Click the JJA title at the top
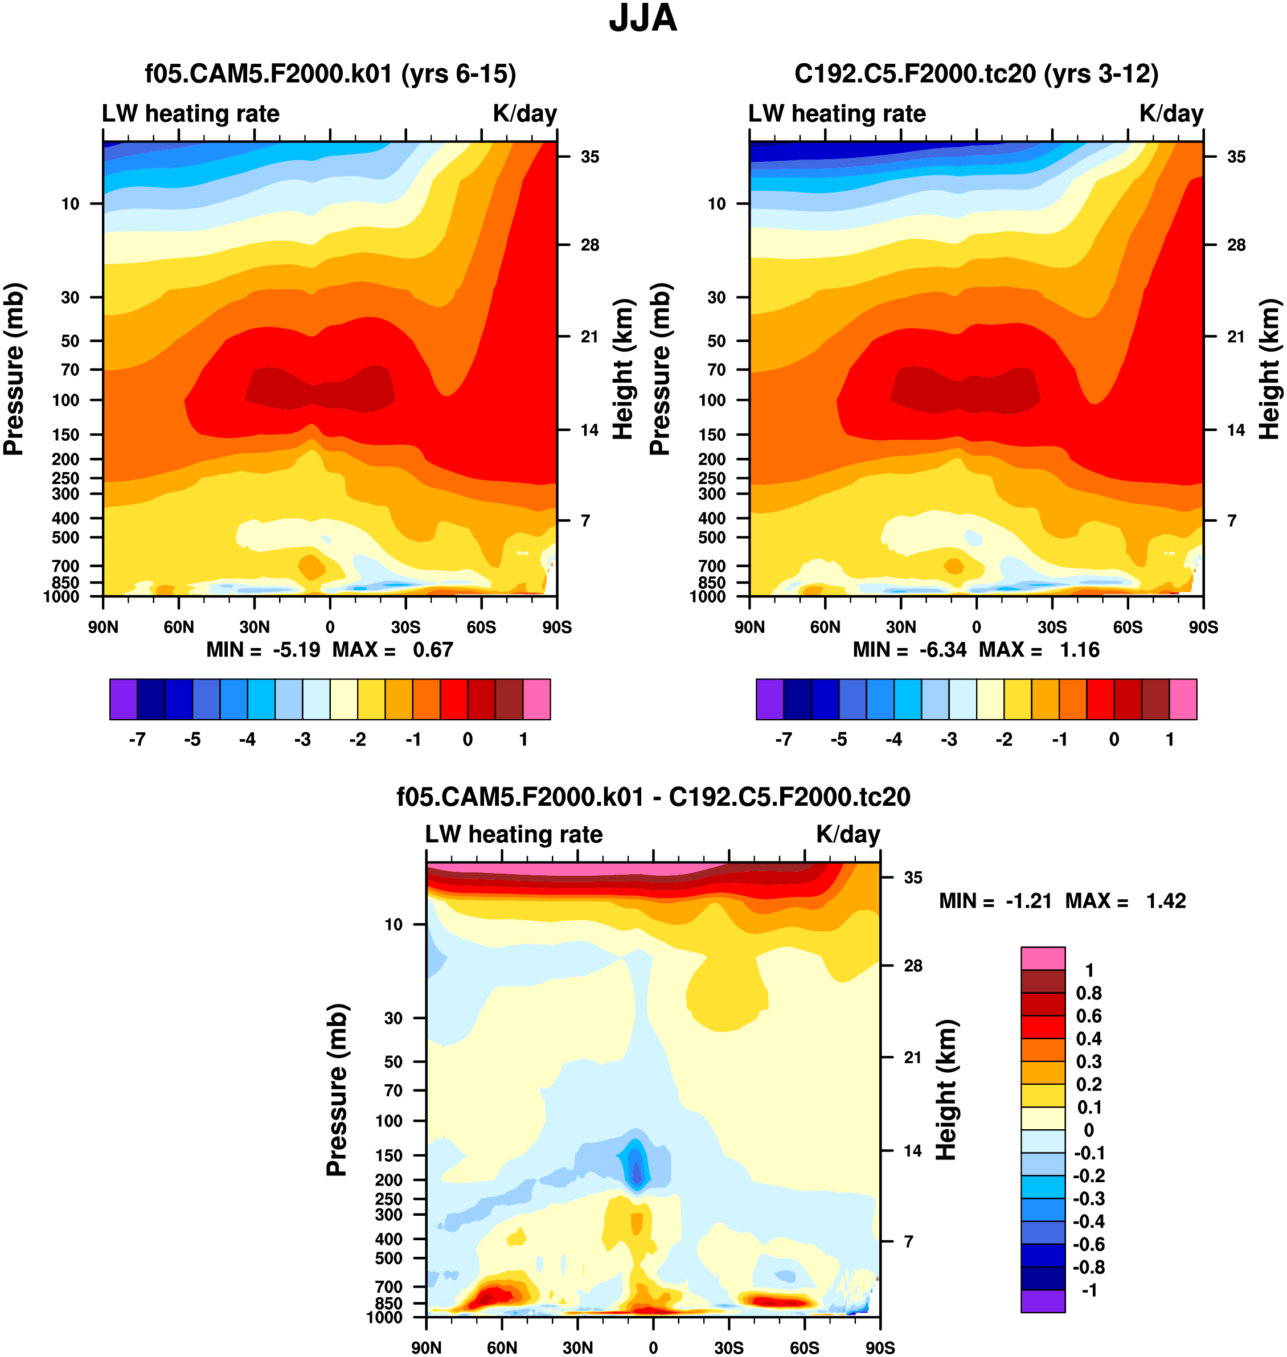[643, 19]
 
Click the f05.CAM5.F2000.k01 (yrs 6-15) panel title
[330, 73]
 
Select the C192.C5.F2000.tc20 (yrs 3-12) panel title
[976, 73]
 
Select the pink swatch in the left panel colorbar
[536, 699]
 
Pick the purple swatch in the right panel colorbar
[770, 699]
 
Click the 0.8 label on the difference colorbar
[1089, 993]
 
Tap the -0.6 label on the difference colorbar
[1089, 1244]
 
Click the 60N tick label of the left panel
[179, 627]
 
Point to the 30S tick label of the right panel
[1052, 627]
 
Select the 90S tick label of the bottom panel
[879, 1347]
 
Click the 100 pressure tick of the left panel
[66, 400]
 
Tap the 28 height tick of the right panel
[1236, 245]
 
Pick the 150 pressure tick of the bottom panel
[389, 1155]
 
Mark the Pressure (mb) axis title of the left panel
[14, 369]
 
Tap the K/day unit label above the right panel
[1171, 113]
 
